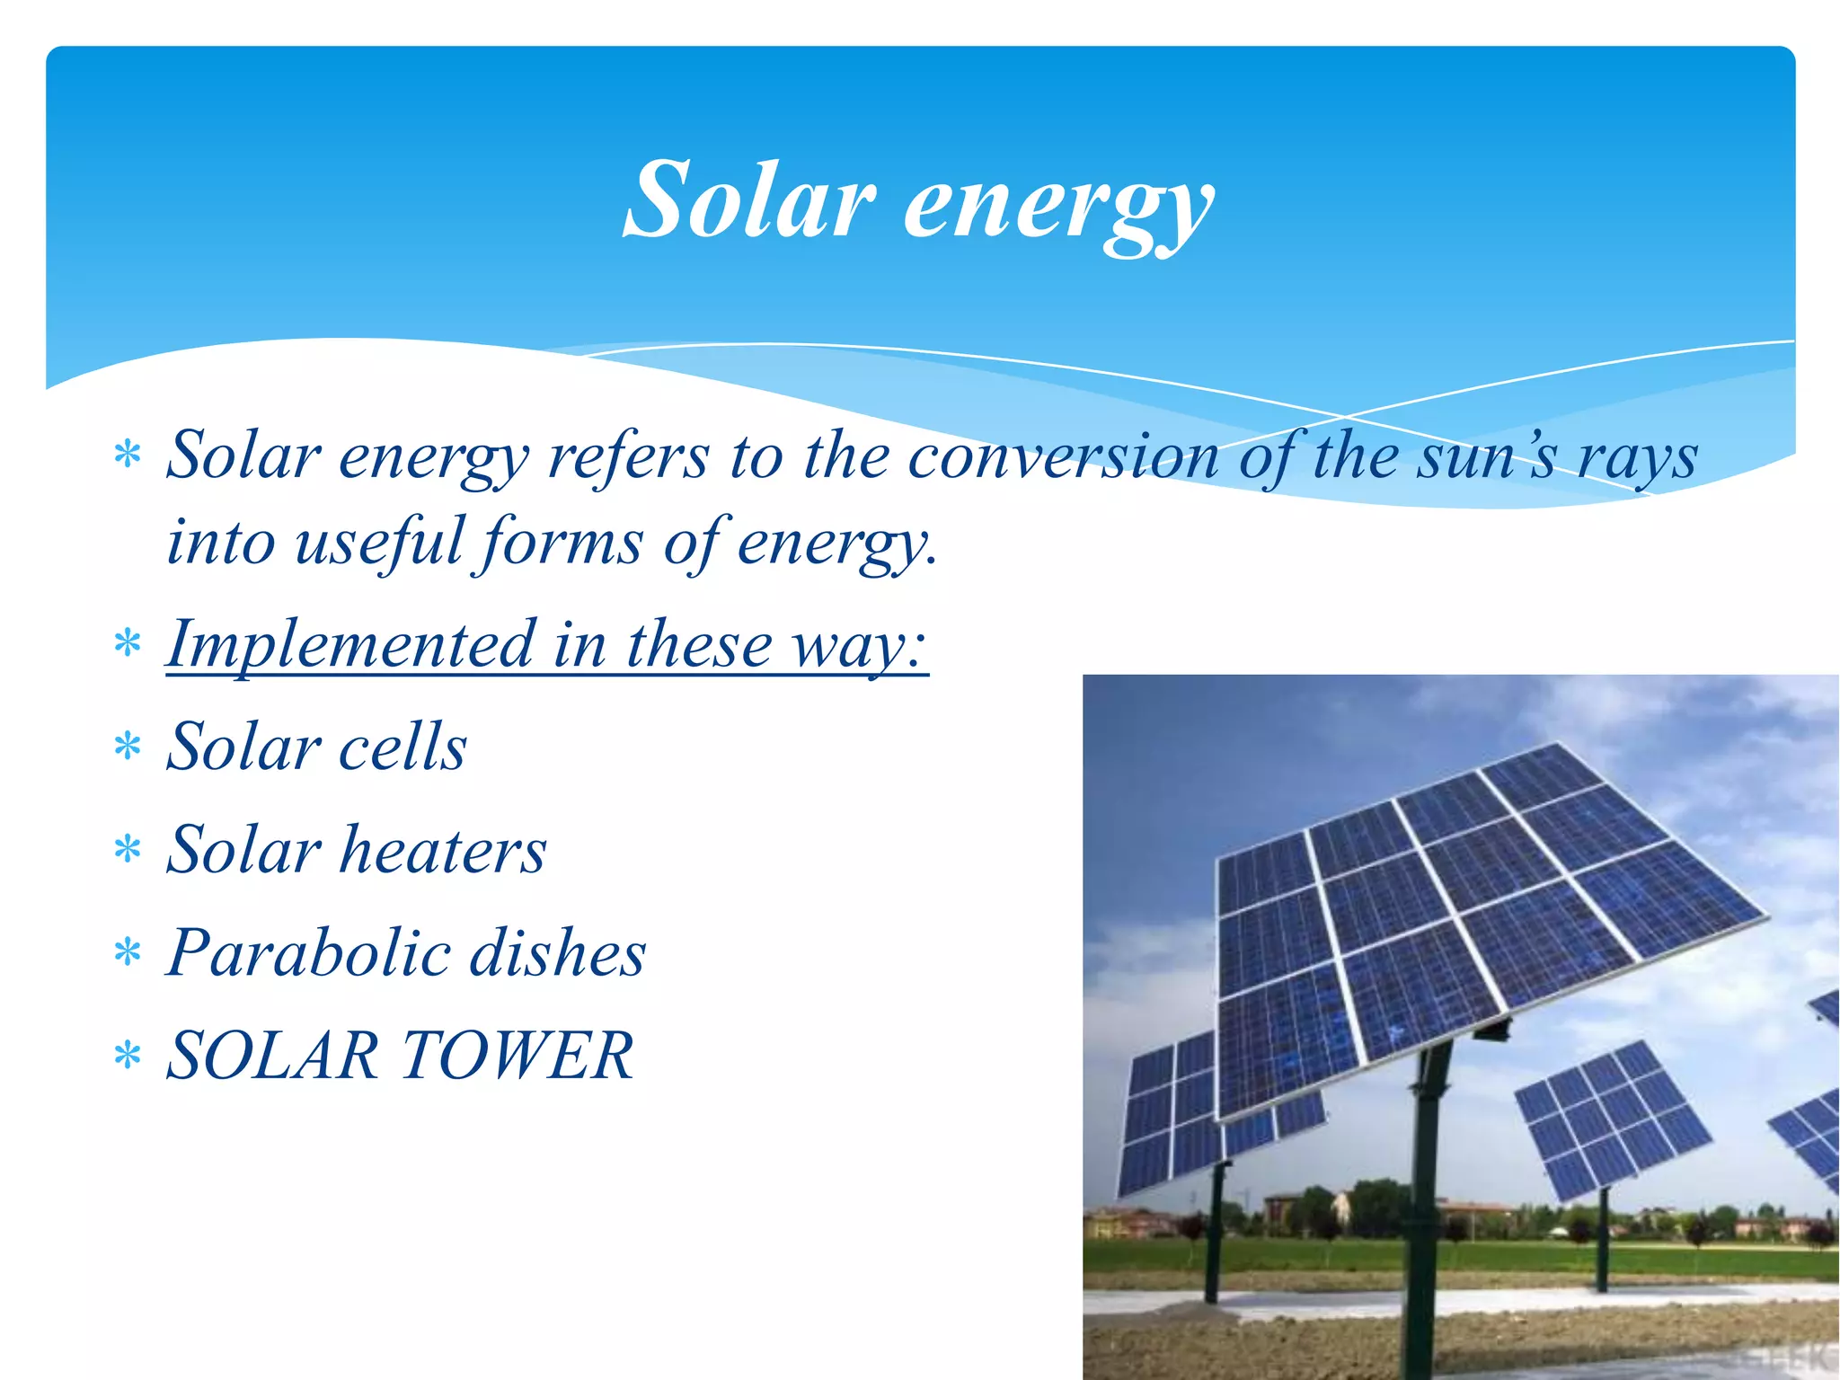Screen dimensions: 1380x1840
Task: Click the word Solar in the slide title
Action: pyautogui.click(x=748, y=199)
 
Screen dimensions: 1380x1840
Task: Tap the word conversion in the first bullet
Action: pyautogui.click(x=1062, y=456)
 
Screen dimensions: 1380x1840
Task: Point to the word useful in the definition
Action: pyautogui.click(x=378, y=542)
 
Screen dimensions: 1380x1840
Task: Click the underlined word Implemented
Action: pyautogui.click(x=351, y=645)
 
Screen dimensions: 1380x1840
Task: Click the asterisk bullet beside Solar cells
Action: pyautogui.click(x=128, y=747)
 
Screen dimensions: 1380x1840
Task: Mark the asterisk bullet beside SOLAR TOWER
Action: pyautogui.click(x=128, y=1056)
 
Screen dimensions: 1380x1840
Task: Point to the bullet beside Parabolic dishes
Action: pyautogui.click(x=128, y=952)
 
